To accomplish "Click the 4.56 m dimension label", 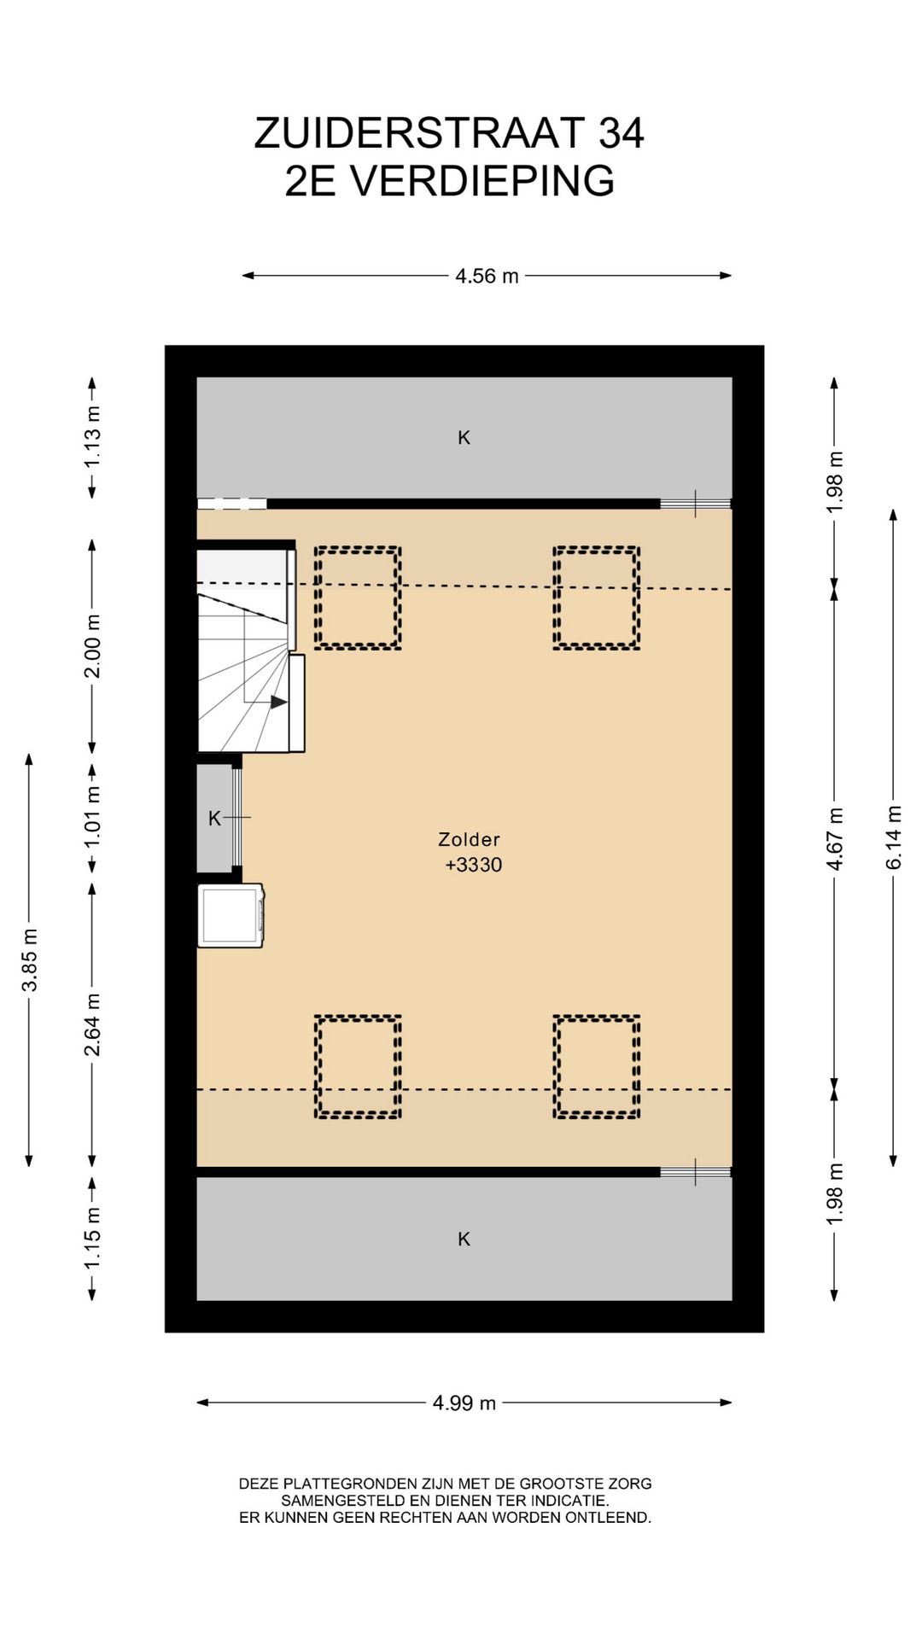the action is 487,276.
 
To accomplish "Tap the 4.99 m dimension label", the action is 464,1403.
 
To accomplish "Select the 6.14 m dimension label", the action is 893,837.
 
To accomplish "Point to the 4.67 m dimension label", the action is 835,838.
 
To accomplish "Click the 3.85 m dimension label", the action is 29,959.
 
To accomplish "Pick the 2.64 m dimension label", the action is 92,1024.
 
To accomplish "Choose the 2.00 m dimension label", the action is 92,646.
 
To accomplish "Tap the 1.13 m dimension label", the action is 92,436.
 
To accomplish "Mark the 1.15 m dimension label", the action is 92,1237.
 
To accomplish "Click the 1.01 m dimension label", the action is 92,818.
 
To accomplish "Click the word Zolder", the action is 469,839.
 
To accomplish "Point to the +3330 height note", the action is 474,865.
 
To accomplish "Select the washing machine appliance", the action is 230,915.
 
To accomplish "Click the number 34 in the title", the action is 621,133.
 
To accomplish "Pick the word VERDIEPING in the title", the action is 483,181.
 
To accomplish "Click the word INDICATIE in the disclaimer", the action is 569,1500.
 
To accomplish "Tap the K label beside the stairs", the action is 215,819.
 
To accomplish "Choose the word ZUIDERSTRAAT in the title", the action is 419,133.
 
